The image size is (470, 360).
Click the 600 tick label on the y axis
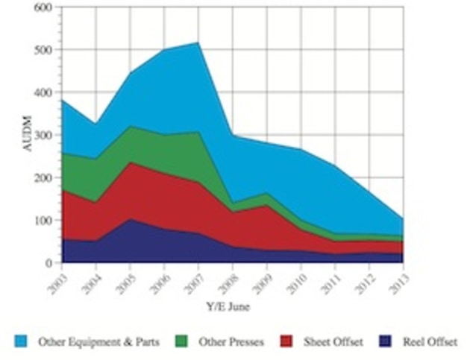[43, 7]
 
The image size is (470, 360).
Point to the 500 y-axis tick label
[43, 50]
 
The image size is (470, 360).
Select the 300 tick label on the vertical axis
[43, 136]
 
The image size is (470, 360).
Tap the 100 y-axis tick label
[43, 221]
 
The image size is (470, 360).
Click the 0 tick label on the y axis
[48, 263]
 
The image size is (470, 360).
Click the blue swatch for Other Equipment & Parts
[22, 342]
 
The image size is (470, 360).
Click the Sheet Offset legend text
[333, 342]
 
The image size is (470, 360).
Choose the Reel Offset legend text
[430, 342]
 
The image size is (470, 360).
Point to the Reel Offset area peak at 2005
[131, 219]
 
